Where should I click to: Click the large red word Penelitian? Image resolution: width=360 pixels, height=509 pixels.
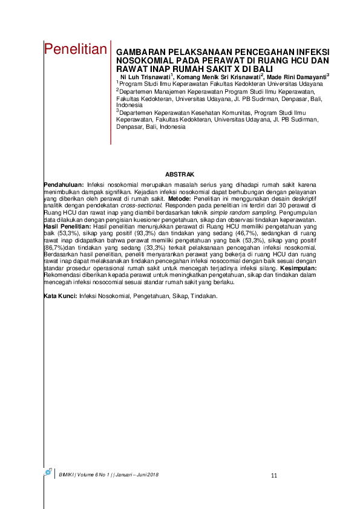point(76,50)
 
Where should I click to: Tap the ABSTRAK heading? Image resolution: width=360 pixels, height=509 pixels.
point(179,174)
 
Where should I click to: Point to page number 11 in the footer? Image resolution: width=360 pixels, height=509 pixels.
point(274,476)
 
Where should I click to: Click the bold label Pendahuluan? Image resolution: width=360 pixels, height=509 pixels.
point(65,183)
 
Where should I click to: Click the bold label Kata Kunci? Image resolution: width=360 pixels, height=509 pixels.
point(62,296)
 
